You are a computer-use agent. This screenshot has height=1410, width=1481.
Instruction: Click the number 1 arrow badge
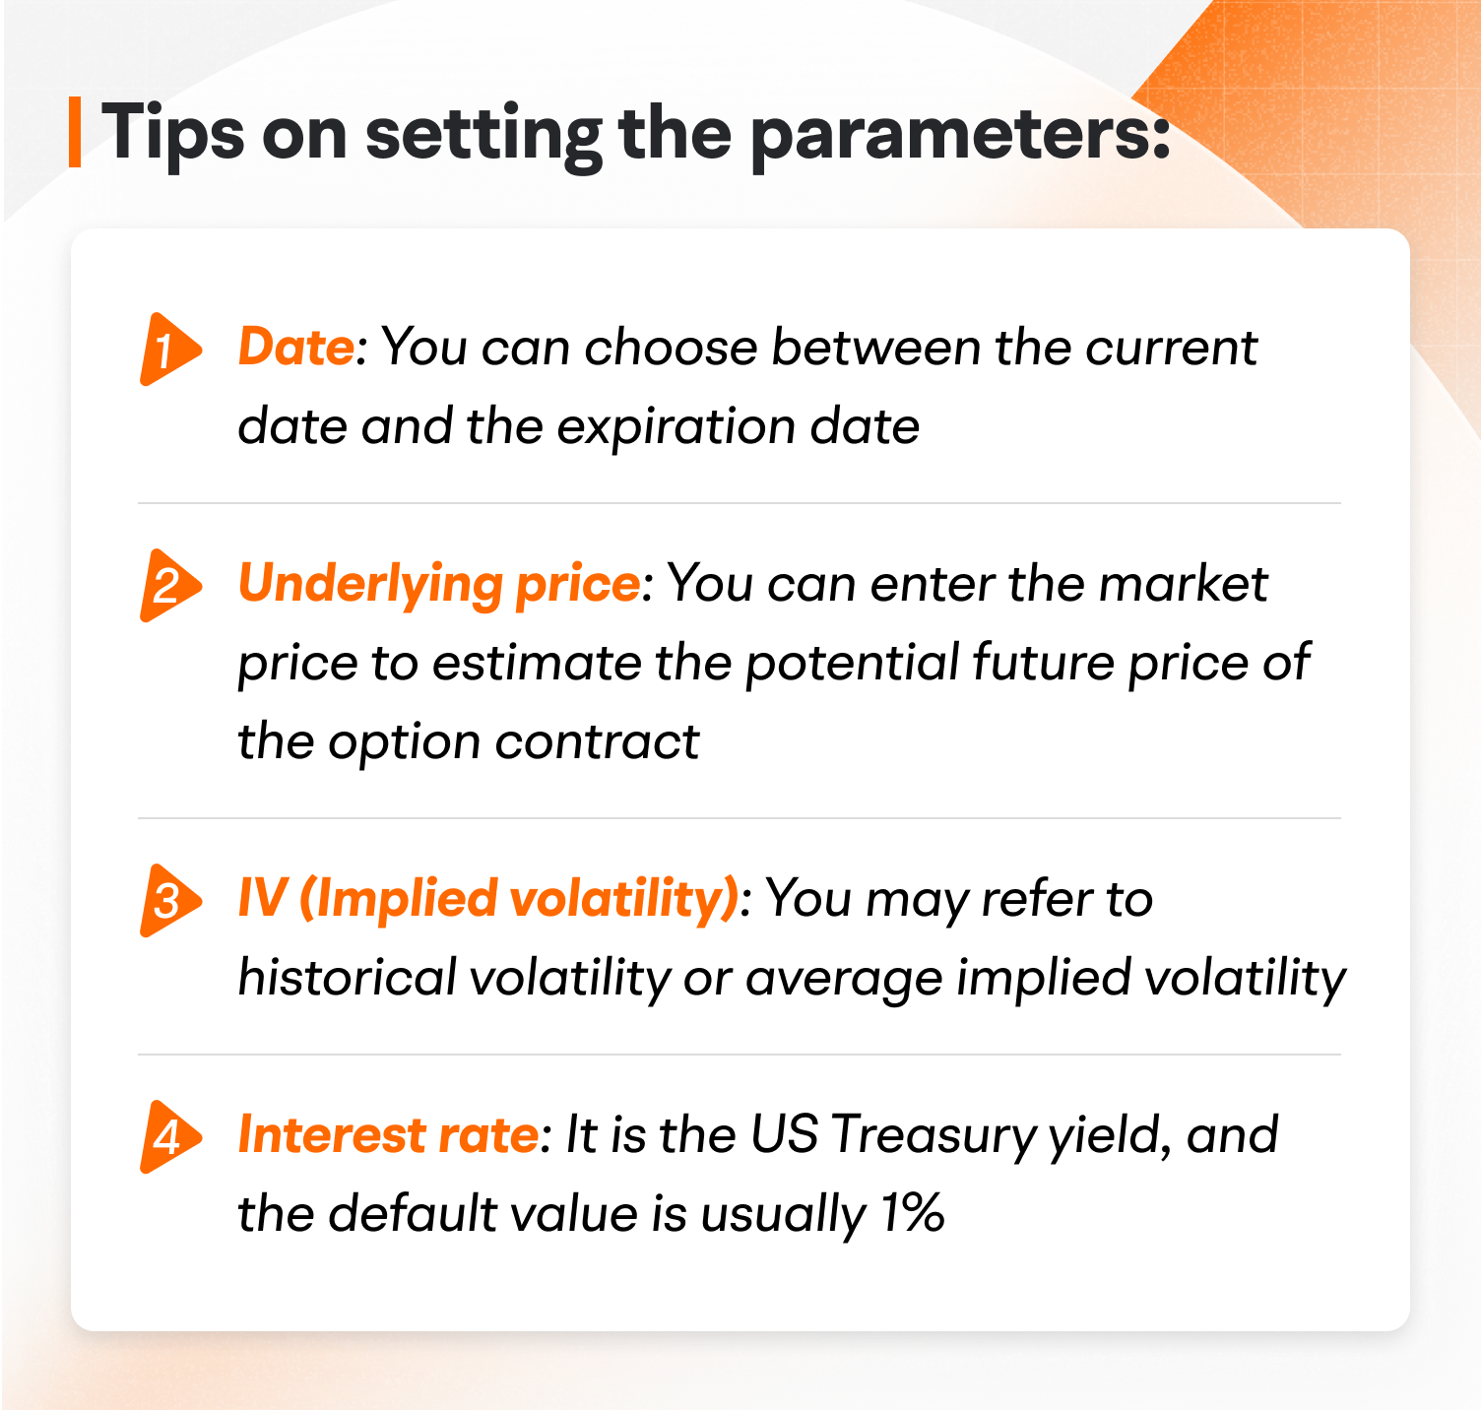tap(168, 350)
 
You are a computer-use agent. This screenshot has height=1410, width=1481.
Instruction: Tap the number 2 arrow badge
tap(168, 586)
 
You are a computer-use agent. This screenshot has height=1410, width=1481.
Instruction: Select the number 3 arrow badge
tap(168, 900)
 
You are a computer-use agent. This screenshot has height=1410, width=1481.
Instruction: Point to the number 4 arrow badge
tap(168, 1136)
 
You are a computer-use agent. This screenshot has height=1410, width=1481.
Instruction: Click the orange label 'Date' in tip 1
tap(295, 348)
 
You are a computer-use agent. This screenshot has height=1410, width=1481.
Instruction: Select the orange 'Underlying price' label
tap(439, 585)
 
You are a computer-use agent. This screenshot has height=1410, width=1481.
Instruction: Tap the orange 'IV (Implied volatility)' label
tap(487, 899)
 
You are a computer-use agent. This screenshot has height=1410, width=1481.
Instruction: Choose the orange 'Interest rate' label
tap(388, 1135)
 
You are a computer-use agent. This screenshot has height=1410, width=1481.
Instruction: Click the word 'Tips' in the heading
tap(172, 134)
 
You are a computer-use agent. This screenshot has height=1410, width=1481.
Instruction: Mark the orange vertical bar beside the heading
tap(75, 132)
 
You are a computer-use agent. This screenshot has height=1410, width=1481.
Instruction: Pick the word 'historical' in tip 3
tap(348, 978)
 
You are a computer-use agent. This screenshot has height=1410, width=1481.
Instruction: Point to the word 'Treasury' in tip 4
tap(934, 1136)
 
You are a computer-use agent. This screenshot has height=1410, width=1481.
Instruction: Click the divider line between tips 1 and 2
tap(739, 503)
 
